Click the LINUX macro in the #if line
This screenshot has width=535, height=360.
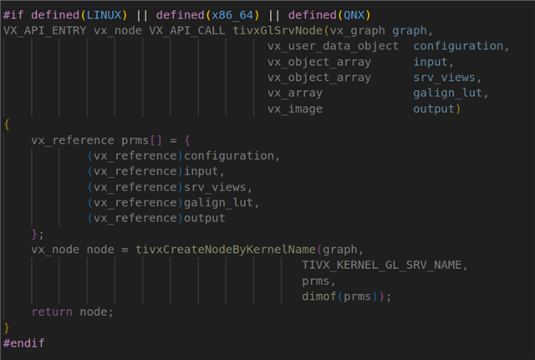pyautogui.click(x=104, y=15)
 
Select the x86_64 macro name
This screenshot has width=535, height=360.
pyautogui.click(x=232, y=15)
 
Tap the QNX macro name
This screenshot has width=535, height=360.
pyautogui.click(x=354, y=15)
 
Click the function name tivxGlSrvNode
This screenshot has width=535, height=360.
pyautogui.click(x=278, y=31)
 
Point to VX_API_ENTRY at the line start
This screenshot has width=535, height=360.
pyautogui.click(x=44, y=31)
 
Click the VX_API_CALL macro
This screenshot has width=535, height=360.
pyautogui.click(x=187, y=31)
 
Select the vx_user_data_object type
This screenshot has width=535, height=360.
pyautogui.click(x=333, y=47)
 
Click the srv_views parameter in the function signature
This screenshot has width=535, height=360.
pyautogui.click(x=444, y=78)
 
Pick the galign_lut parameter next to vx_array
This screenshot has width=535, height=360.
pyautogui.click(x=447, y=93)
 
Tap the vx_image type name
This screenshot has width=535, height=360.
pyautogui.click(x=295, y=109)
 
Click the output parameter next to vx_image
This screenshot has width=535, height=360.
pyautogui.click(x=434, y=109)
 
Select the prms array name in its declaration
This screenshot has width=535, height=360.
pyautogui.click(x=135, y=140)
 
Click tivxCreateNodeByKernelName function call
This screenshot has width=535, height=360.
pyautogui.click(x=226, y=250)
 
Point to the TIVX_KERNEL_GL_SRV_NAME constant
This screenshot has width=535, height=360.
pyautogui.click(x=381, y=266)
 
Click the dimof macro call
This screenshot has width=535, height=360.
pyautogui.click(x=319, y=297)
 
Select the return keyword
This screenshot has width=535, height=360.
pyautogui.click(x=52, y=312)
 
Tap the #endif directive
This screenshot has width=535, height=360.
pyautogui.click(x=24, y=343)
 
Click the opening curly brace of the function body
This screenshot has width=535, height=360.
pyautogui.click(x=7, y=124)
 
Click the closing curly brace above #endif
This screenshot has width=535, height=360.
pyautogui.click(x=7, y=327)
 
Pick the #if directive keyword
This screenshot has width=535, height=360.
pyautogui.click(x=13, y=15)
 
